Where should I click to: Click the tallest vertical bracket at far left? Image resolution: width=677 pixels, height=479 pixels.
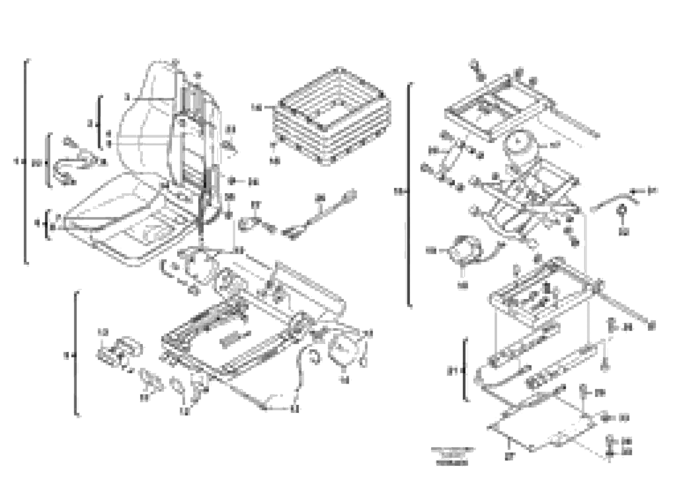[26, 161]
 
